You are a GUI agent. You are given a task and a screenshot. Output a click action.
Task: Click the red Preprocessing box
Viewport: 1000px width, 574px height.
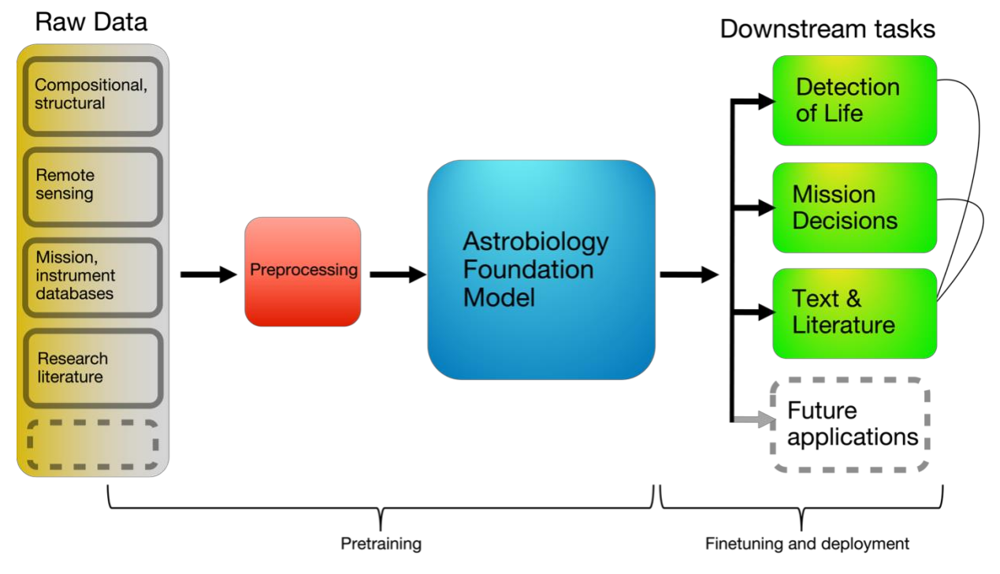[303, 271]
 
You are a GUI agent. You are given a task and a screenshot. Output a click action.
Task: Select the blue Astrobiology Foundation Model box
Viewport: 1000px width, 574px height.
[541, 270]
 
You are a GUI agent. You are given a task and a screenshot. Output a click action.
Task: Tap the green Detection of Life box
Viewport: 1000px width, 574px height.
[854, 100]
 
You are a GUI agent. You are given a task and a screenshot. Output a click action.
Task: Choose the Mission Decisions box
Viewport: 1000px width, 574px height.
[854, 207]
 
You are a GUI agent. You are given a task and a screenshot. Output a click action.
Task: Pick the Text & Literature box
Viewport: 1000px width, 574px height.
[854, 313]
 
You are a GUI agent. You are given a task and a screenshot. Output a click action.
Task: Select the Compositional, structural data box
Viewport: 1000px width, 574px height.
[93, 96]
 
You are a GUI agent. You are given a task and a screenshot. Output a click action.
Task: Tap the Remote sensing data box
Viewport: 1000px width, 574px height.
[93, 187]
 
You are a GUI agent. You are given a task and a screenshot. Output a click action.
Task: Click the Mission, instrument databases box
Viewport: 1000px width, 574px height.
[93, 278]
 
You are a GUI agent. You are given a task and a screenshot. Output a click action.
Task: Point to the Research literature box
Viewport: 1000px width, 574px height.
[93, 368]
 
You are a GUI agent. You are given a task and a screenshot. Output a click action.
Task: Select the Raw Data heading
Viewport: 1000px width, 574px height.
[91, 22]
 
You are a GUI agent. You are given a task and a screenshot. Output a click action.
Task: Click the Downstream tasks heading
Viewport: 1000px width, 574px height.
[827, 29]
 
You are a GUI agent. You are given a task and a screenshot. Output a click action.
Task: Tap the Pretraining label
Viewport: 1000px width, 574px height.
[381, 543]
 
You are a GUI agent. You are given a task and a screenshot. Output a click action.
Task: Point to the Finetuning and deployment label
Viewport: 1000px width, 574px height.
[807, 543]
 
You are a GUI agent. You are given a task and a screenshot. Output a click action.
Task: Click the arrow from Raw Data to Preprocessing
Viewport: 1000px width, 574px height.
[209, 274]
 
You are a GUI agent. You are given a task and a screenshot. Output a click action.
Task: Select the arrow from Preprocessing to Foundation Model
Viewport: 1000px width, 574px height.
[398, 274]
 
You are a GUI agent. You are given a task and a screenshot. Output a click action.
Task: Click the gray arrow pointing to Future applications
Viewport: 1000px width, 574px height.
[754, 419]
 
